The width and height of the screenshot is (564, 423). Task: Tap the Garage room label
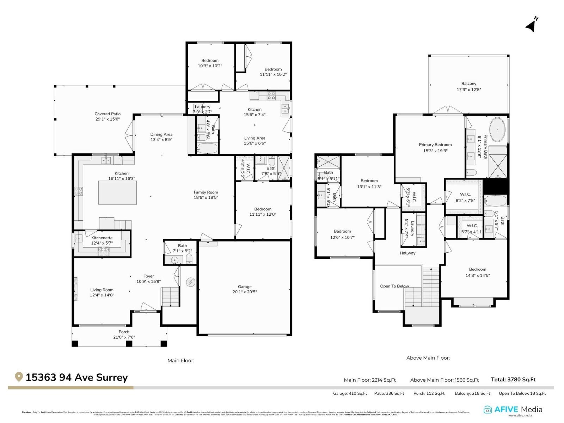[244, 287]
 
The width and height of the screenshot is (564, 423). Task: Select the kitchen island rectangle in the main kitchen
[117, 192]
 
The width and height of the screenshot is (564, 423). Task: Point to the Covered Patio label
[108, 114]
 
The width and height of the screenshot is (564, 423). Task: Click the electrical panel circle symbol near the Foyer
[190, 282]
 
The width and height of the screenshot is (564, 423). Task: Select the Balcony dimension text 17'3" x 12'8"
[468, 90]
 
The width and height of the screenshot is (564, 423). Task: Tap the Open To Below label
[394, 286]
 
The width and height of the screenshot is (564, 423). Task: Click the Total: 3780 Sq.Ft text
[513, 380]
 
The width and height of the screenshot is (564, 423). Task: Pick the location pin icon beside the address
[19, 377]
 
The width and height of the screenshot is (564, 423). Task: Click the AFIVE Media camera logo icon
[488, 410]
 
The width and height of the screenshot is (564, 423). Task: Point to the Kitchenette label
[102, 238]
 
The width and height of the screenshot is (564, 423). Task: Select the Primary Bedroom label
[435, 145]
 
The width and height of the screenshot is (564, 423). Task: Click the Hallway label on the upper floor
[407, 253]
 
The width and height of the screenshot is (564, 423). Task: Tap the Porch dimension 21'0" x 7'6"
[124, 337]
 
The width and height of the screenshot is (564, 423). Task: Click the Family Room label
[206, 192]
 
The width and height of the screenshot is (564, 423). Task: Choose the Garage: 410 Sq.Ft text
[350, 393]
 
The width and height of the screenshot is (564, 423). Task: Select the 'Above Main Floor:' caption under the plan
[428, 358]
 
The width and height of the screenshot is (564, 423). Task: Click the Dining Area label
[161, 134]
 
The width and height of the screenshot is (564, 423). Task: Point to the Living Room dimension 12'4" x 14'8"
[102, 295]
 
